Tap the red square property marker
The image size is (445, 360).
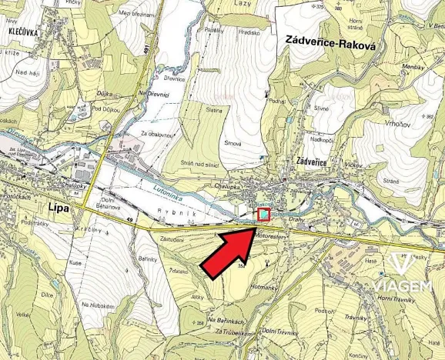point(263,215)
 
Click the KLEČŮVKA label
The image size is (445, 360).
point(24,35)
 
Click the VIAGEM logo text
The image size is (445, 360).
point(401,285)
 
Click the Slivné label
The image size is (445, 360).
point(322,108)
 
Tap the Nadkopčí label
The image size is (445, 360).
point(323,139)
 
